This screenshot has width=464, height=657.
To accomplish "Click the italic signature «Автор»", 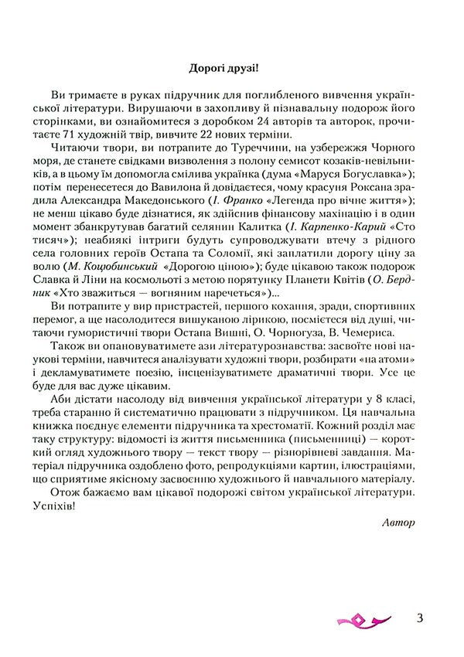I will click(x=399, y=522).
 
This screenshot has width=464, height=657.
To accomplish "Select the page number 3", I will click(x=419, y=618).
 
